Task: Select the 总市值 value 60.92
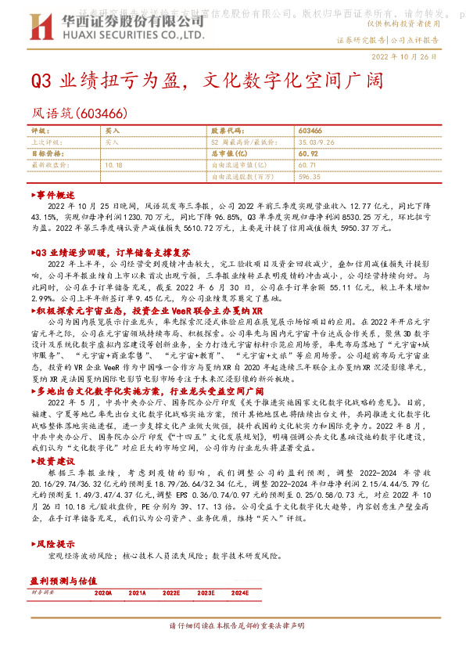point(307,154)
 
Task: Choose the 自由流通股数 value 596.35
point(310,178)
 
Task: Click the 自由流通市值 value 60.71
point(307,166)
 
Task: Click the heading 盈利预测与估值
point(63,582)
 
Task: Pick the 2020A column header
point(103,594)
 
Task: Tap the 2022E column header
point(172,594)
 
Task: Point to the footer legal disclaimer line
point(233,648)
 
